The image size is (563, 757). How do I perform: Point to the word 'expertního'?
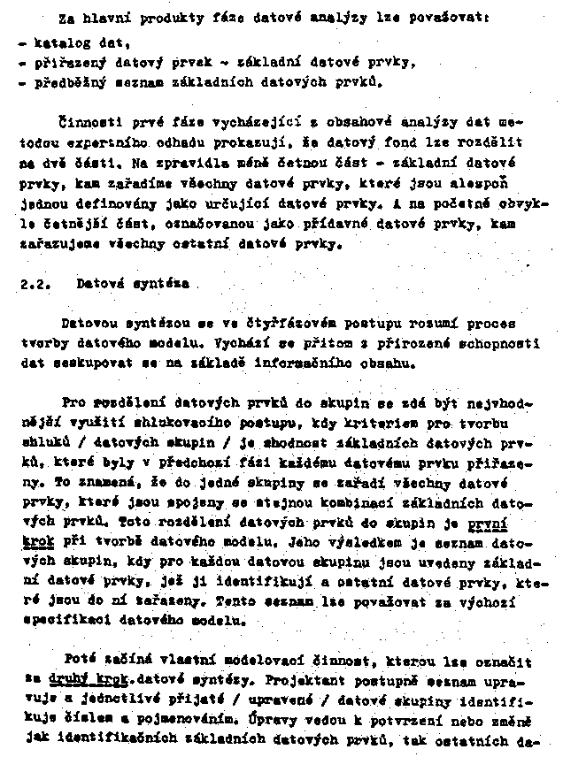(100, 143)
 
